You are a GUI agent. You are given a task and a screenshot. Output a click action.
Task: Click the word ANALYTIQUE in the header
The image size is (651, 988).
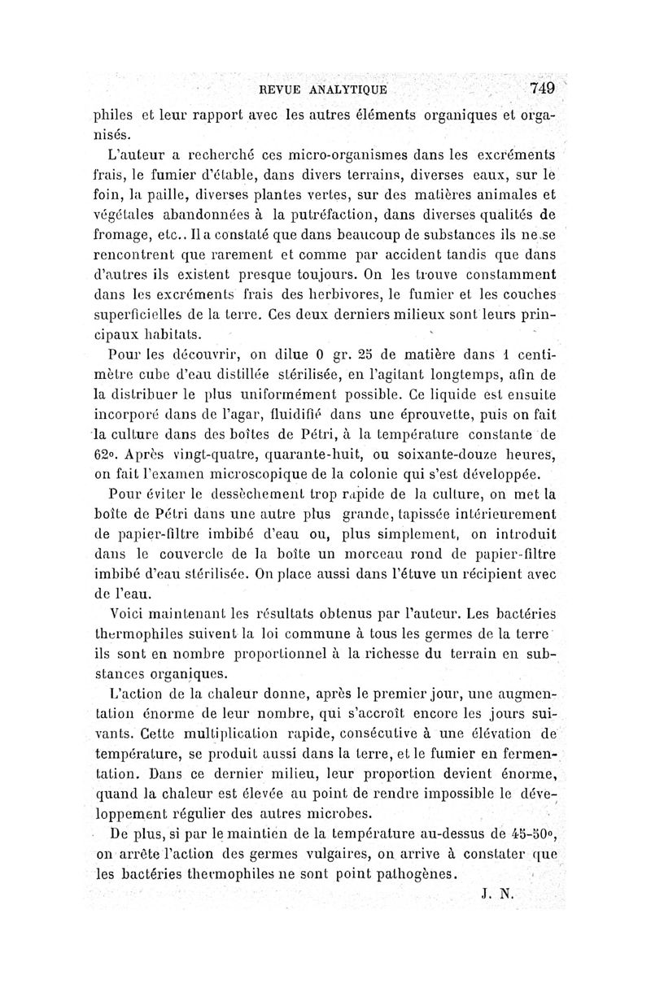pos(346,89)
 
